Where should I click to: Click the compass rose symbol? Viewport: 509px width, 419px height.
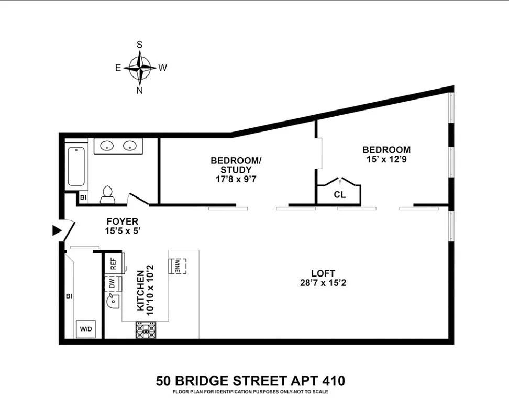pos(140,68)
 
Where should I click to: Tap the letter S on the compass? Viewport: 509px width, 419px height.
pos(140,45)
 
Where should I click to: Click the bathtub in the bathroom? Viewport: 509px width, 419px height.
pos(76,166)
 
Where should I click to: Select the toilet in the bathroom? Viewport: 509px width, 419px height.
pos(108,194)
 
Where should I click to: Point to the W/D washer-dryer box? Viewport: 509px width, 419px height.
pos(85,329)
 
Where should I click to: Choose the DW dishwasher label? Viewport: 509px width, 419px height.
pos(112,283)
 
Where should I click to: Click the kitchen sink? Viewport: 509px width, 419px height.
pos(113,302)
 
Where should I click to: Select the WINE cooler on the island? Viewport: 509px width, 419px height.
pos(178,266)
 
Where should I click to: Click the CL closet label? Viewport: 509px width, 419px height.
pos(339,195)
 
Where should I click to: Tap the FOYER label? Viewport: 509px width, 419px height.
pos(123,222)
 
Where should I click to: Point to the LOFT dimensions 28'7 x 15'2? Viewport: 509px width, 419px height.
pos(323,283)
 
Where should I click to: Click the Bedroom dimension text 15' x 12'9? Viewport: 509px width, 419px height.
pos(386,159)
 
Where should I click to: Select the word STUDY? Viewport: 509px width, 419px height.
pos(236,170)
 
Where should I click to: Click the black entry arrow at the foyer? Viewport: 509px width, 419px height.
pos(57,230)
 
